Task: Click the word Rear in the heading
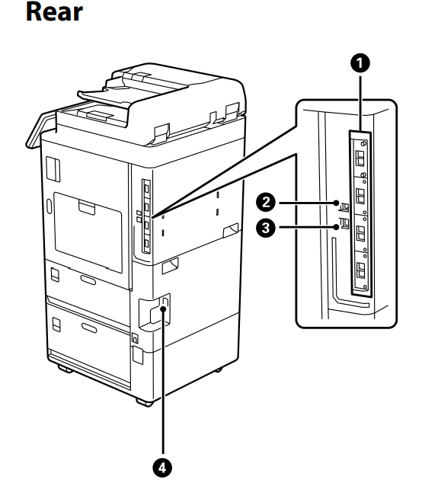click(55, 12)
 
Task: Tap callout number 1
click(360, 63)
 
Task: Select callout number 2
click(266, 203)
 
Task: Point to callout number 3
click(266, 228)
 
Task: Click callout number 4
click(162, 469)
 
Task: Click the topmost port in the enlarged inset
click(360, 158)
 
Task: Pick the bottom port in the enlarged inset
click(360, 270)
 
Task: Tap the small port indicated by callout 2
click(344, 207)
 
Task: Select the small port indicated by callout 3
click(344, 223)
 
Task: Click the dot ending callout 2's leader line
click(336, 203)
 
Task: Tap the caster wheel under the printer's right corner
click(218, 369)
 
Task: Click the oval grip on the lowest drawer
click(89, 328)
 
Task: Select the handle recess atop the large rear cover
click(87, 207)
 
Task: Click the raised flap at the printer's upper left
click(40, 130)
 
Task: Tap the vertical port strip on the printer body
click(146, 216)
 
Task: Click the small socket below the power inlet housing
click(135, 338)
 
